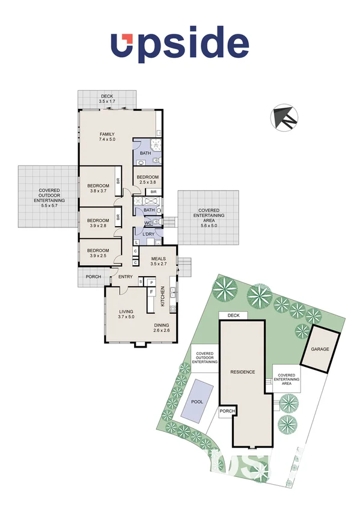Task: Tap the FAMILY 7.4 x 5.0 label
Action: click(107, 137)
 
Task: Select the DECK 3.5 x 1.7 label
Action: click(107, 99)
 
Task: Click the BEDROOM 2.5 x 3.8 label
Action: click(148, 179)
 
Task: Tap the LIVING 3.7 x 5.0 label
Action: click(126, 314)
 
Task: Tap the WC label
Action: click(147, 223)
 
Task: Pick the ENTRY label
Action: click(126, 277)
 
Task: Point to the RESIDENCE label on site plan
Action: click(243, 372)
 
